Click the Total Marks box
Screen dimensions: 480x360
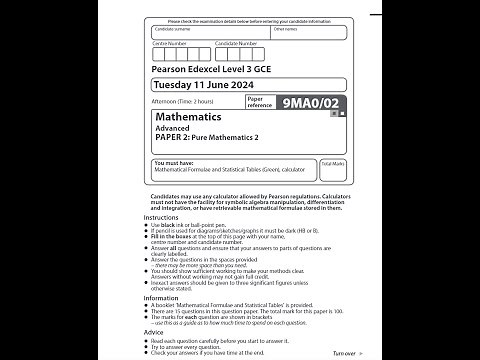(x=332, y=170)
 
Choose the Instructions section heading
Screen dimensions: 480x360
(x=161, y=217)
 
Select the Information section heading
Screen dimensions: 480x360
(x=161, y=297)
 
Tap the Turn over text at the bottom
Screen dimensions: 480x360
(x=342, y=353)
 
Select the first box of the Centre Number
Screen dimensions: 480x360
(x=158, y=54)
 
